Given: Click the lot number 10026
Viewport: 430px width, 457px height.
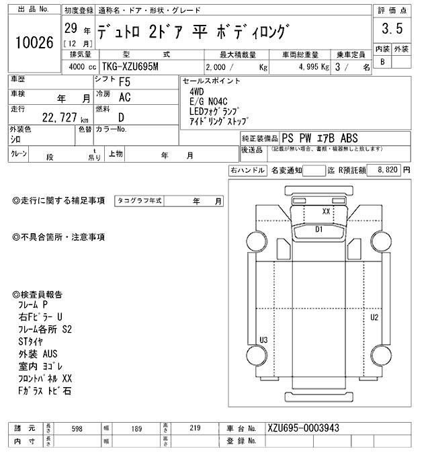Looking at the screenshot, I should (34, 43).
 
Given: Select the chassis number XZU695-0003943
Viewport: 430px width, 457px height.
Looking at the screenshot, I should (302, 428).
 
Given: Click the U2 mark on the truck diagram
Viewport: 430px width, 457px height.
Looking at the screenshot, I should (374, 317).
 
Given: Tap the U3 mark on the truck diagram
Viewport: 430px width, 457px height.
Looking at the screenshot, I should (263, 340).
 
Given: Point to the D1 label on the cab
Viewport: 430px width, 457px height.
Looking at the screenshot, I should (320, 230).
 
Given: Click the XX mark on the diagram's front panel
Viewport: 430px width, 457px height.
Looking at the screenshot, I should (326, 210).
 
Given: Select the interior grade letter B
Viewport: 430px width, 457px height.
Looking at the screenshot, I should (383, 62).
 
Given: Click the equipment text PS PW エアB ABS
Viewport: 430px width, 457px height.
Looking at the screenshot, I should (321, 136).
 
